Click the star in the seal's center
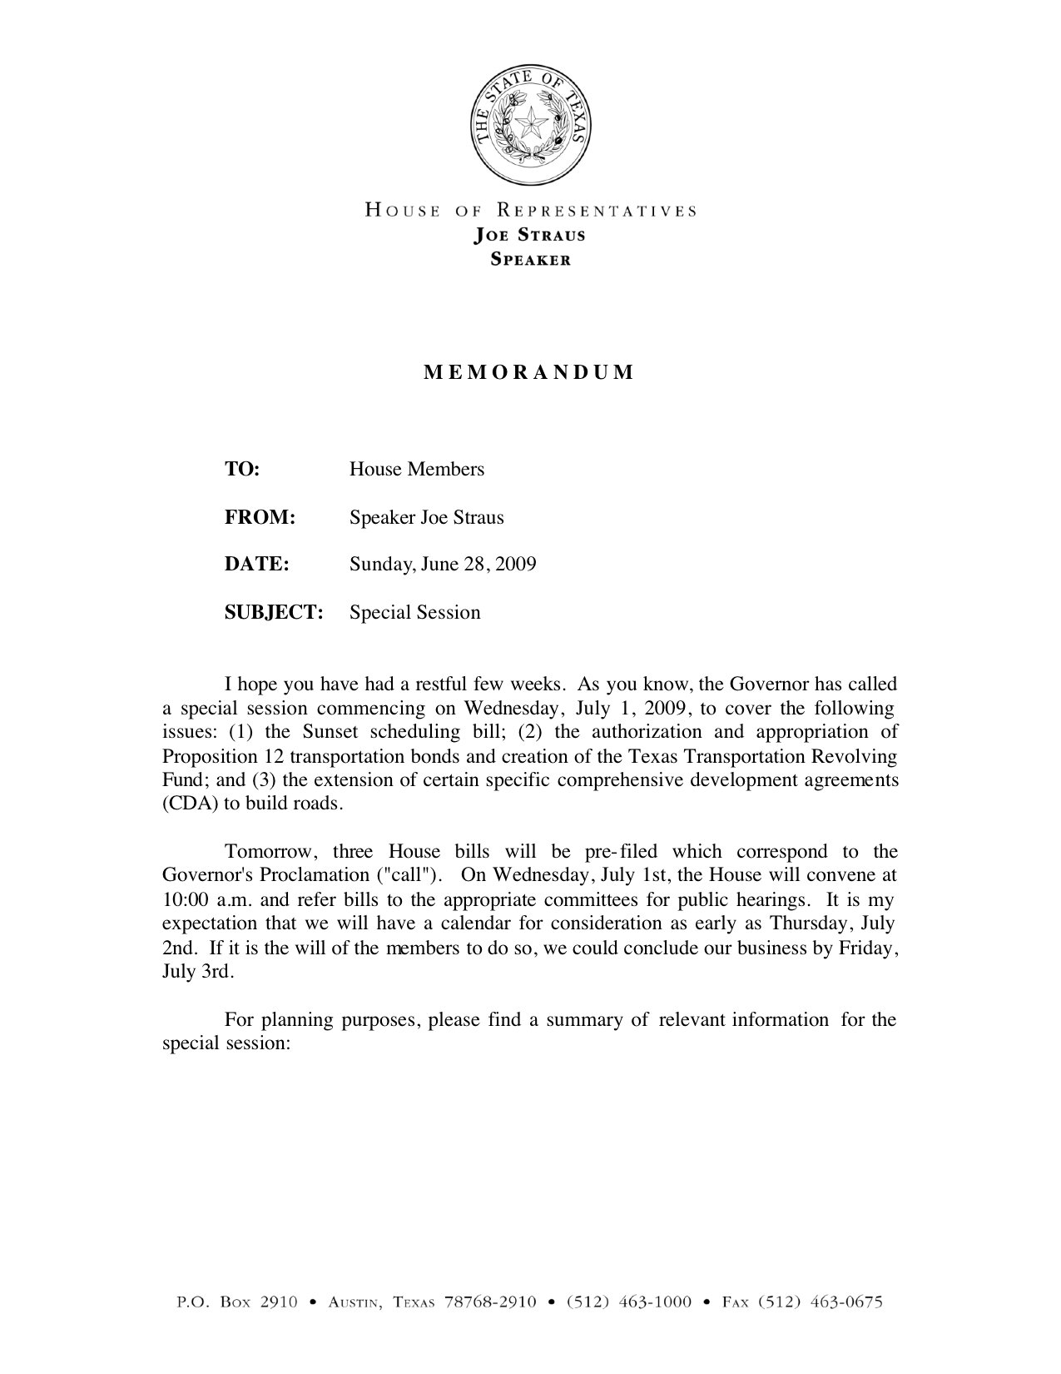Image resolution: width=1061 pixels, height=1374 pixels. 530,127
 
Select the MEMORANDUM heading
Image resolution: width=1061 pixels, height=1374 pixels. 529,372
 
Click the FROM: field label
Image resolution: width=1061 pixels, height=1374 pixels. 260,518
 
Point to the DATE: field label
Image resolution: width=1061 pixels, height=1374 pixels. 256,565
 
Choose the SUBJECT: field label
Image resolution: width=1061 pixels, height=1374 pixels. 274,613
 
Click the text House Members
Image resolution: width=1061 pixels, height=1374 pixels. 416,470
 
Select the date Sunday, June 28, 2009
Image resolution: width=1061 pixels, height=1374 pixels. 443,565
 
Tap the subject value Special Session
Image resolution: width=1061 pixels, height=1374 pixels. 414,613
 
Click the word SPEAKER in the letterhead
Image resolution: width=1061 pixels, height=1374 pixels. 530,259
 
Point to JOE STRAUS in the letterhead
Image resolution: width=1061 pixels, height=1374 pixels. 529,235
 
